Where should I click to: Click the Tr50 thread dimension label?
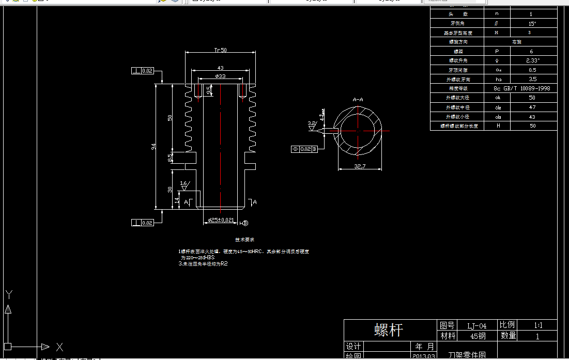[221, 50]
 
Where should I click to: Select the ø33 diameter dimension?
[220, 76]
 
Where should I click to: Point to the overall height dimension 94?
[153, 147]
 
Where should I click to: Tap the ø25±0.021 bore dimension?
[221, 221]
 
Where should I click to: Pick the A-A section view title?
[358, 99]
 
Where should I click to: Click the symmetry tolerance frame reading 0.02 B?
[307, 149]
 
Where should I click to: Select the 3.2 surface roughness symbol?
[312, 124]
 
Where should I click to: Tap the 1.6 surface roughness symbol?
[184, 184]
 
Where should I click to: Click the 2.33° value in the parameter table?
[532, 60]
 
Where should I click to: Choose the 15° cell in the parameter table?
[532, 24]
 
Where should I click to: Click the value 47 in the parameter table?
[532, 107]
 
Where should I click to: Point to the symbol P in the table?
[497, 52]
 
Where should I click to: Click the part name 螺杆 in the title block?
[388, 330]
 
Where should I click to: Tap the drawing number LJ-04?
[476, 326]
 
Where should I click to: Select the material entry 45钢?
[478, 336]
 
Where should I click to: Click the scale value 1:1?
[538, 325]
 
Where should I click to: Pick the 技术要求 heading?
[244, 240]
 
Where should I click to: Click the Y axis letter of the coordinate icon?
[8, 295]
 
